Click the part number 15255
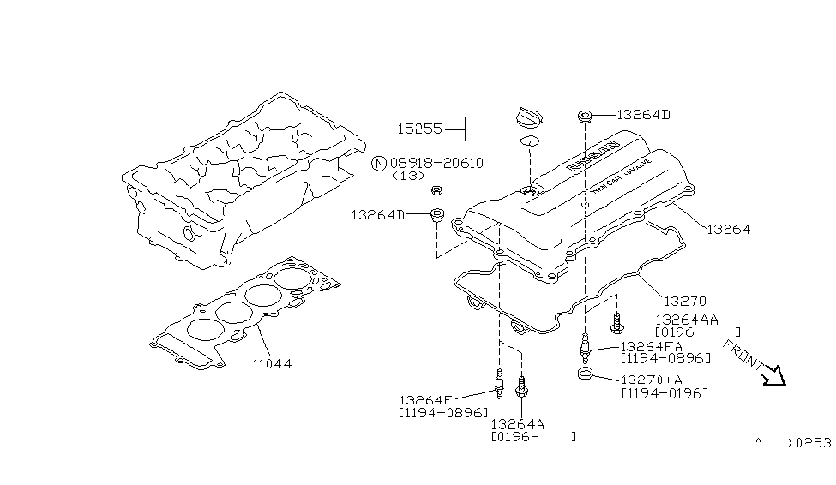(419, 129)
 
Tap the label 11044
(272, 363)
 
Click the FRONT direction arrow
(774, 375)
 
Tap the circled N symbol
(378, 163)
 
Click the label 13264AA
(686, 319)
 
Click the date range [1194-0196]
(665, 393)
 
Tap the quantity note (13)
(408, 176)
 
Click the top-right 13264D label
(644, 114)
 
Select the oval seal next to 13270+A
(586, 374)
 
